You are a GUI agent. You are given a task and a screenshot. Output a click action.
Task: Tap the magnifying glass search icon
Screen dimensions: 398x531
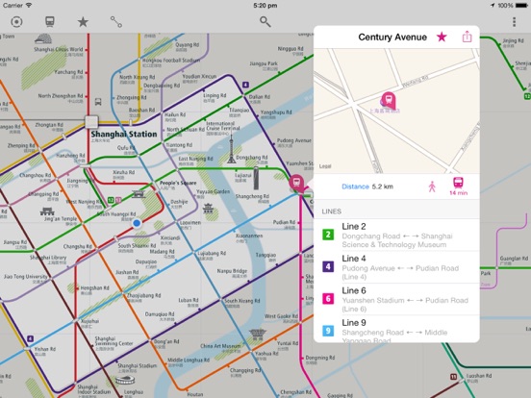(265, 20)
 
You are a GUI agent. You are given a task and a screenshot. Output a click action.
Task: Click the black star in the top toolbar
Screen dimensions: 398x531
(83, 20)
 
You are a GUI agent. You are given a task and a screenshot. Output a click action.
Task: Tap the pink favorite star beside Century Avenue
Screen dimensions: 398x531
(442, 37)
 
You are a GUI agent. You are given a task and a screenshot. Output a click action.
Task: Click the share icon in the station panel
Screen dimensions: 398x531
(468, 37)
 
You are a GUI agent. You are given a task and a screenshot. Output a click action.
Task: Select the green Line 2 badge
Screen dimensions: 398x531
(328, 234)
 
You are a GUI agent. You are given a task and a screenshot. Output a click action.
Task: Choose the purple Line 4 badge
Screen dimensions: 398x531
(328, 266)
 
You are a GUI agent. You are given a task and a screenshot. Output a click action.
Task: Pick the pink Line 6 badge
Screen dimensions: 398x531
(328, 299)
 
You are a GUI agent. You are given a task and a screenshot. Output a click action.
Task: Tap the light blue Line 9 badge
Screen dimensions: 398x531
(328, 332)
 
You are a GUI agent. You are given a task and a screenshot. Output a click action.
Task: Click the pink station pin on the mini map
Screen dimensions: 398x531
(389, 99)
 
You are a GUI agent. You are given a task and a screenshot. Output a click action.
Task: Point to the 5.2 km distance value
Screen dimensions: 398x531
(383, 186)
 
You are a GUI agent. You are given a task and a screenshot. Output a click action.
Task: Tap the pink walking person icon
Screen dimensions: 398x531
(432, 185)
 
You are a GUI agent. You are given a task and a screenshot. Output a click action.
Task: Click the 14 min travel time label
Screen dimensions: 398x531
(458, 193)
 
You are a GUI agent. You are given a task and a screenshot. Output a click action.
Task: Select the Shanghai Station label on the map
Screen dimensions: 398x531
(117, 135)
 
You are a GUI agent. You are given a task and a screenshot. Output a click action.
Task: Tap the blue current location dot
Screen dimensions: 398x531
(137, 222)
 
